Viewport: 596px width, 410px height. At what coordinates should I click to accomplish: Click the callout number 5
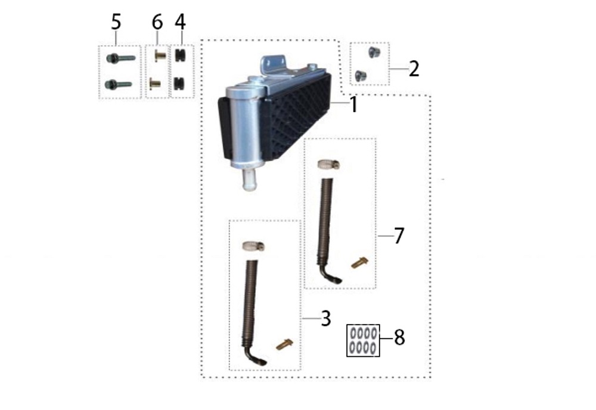(116, 21)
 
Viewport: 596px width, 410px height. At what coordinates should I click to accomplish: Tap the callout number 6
(157, 21)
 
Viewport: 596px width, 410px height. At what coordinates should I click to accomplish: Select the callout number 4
(181, 21)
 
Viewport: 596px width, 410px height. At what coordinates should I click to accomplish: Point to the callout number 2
(414, 69)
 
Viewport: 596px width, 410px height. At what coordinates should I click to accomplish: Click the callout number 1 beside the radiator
(354, 104)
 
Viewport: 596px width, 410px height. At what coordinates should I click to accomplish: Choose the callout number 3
(326, 318)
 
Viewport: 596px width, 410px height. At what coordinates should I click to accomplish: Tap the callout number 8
(399, 337)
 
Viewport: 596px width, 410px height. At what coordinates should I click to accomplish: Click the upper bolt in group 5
(120, 58)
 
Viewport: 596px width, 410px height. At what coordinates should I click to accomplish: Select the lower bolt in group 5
(118, 84)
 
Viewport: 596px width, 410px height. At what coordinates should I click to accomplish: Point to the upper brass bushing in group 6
(160, 56)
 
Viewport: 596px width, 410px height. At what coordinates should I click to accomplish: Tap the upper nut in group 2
(372, 52)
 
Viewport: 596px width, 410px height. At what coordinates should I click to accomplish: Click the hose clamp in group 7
(329, 165)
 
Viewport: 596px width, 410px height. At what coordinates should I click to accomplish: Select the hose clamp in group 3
(253, 245)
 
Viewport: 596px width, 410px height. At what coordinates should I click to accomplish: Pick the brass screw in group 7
(359, 263)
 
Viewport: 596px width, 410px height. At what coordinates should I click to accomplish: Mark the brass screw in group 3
(284, 345)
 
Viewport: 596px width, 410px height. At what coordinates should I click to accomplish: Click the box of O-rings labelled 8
(363, 340)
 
